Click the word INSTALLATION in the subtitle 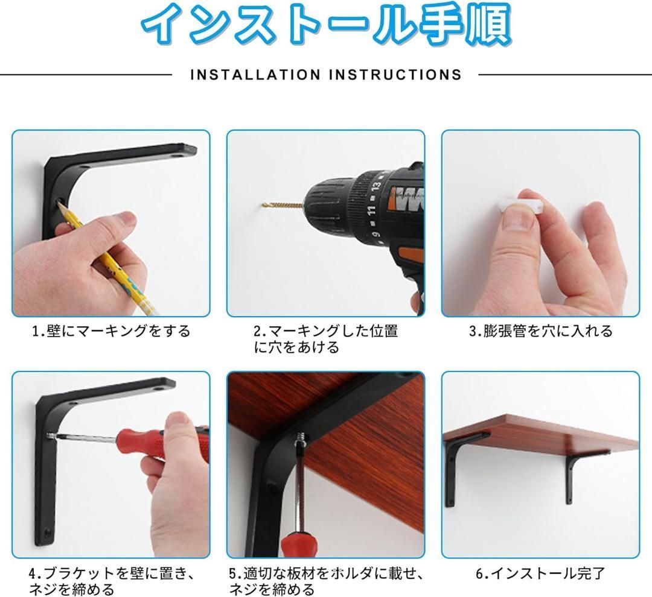click(x=255, y=75)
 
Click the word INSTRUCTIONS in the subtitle click(x=395, y=75)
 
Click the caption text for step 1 click(x=111, y=331)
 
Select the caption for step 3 click(x=541, y=331)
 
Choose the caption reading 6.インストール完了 click(x=540, y=573)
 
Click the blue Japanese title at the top click(x=326, y=24)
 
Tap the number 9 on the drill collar click(x=377, y=234)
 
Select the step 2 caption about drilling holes click(x=326, y=339)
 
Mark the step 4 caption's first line click(x=112, y=573)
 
